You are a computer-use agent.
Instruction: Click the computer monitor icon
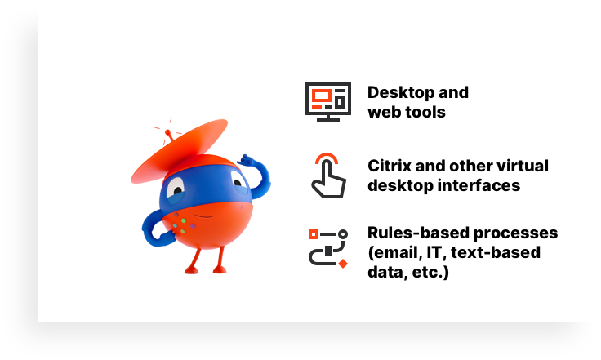[x=328, y=102]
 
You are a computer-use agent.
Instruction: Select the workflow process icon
[x=328, y=248]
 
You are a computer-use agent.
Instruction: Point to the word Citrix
[x=389, y=166]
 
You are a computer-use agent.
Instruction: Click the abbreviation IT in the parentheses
[x=434, y=253]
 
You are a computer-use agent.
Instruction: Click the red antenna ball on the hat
[x=167, y=132]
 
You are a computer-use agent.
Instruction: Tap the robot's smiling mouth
[x=204, y=216]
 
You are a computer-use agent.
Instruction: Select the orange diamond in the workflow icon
[x=343, y=263]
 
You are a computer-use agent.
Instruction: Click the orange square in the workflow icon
[x=314, y=234]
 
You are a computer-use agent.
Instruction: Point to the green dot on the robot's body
[x=184, y=221]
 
